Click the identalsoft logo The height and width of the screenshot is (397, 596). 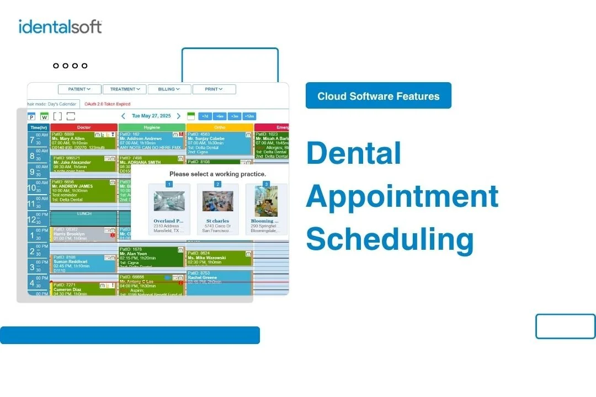coord(60,26)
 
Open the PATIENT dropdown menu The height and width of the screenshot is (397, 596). coord(80,89)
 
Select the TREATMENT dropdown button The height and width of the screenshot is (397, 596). coord(124,89)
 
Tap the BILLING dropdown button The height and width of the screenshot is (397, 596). coord(169,89)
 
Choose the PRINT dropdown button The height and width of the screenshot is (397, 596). coord(214,89)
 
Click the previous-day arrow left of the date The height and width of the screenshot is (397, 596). coord(123,116)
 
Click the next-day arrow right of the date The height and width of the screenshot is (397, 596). coord(178,116)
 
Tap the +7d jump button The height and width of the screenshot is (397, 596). coord(205,116)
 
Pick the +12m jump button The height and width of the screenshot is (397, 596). coord(249,116)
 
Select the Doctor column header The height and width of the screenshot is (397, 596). coord(84,127)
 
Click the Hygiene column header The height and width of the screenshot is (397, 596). coord(152,127)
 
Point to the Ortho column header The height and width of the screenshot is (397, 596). coord(220,127)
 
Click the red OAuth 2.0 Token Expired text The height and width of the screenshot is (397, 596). coord(107,104)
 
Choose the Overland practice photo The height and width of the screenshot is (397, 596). coord(169,201)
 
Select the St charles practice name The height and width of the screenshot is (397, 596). coord(217,221)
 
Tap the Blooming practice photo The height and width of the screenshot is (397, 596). coord(266,201)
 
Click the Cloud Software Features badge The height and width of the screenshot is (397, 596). coord(379,96)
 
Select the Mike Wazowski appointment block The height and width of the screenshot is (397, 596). coord(218,257)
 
